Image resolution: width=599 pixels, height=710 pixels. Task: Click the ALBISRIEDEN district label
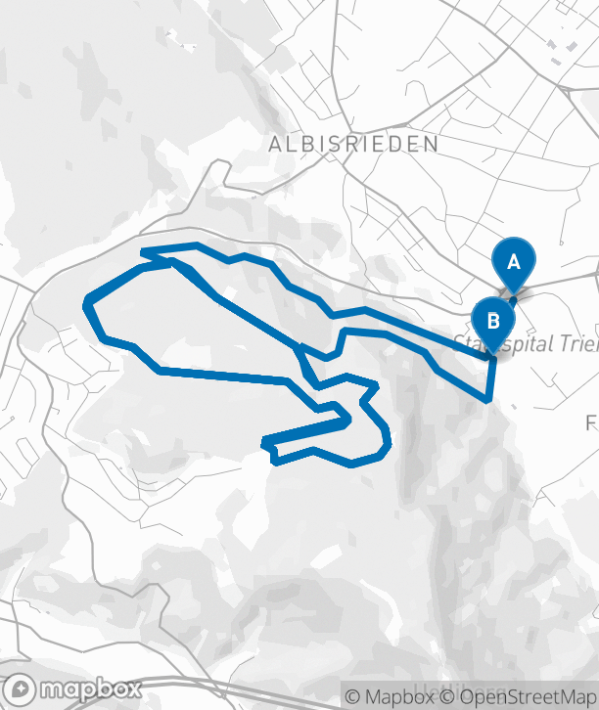tap(354, 144)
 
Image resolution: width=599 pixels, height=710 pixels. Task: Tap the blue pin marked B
tap(493, 321)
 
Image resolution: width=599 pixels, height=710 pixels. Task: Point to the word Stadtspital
tap(489, 343)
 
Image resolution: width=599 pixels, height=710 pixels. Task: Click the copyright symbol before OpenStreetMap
tap(445, 697)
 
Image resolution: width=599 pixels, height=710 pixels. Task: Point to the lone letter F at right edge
tap(591, 422)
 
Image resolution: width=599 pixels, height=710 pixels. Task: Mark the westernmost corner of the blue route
tap(88, 299)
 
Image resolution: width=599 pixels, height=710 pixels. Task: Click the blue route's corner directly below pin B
tap(488, 398)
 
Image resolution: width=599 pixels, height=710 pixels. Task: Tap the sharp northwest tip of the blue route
tap(144, 252)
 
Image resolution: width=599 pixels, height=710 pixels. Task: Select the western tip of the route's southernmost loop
tap(266, 444)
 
